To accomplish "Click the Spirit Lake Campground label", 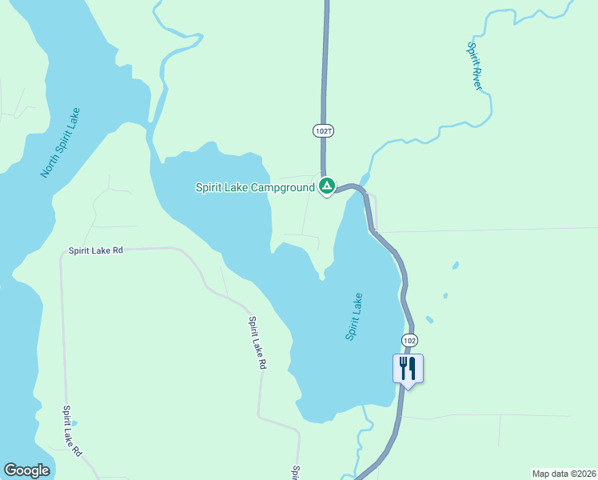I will [255, 188].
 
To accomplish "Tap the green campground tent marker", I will [327, 186].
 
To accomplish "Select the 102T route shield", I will [322, 130].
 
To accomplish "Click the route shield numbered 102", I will [409, 340].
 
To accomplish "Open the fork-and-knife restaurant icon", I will [409, 368].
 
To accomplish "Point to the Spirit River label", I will [475, 66].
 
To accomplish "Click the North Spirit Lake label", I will [61, 142].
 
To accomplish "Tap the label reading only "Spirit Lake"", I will [355, 317].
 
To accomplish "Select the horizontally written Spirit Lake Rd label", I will [96, 250].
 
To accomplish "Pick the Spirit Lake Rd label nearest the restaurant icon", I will [257, 342].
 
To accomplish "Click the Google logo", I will [26, 470].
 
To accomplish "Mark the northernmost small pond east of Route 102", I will [456, 265].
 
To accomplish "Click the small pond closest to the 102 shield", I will [429, 320].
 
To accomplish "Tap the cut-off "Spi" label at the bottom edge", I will [295, 473].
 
